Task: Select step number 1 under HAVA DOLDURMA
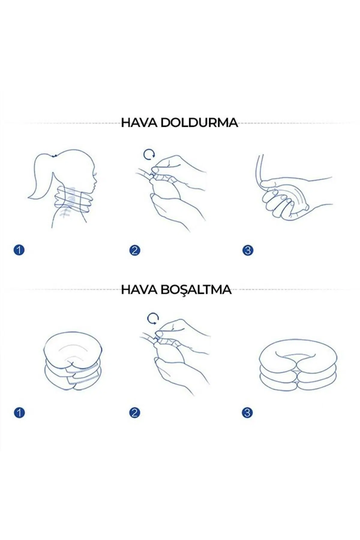point(19,250)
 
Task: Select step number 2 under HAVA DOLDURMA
point(134,250)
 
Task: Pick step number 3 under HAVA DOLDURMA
point(248,250)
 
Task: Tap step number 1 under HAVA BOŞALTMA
point(19,413)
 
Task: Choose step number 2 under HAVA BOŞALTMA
point(134,413)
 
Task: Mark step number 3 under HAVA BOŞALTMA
point(247,413)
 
